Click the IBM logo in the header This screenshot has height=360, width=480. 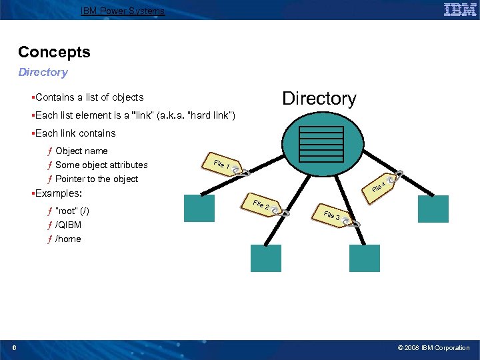pos(460,9)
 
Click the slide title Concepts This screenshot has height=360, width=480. pos(54,52)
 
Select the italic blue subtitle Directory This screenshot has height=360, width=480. pos(43,72)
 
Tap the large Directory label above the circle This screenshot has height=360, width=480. pos(319,99)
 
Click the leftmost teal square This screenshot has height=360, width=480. pos(199,208)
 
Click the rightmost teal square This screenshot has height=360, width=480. pos(433,209)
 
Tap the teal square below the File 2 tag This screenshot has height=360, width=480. pos(265,258)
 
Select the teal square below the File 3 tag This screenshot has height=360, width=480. pos(364,258)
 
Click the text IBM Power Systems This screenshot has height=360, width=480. pos(122,11)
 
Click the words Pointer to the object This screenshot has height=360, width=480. pos(97,179)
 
